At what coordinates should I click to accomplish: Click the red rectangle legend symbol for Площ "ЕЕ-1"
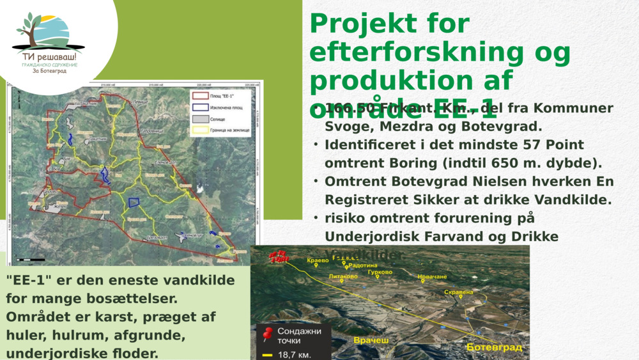pos(200,96)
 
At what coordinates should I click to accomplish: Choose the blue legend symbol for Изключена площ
pos(200,107)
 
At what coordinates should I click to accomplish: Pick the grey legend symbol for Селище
pos(200,119)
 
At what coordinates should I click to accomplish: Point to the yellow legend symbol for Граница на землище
pos(200,130)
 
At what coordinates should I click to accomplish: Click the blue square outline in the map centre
pos(134,202)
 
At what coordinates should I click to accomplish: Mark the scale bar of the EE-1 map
pos(31,260)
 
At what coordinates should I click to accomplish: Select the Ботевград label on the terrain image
pos(494,347)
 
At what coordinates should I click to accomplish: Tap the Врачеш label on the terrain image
pos(371,340)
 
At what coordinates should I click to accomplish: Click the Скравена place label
pos(458,292)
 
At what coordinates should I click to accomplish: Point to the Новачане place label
pos(432,277)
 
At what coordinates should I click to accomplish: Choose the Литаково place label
pos(343,276)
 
